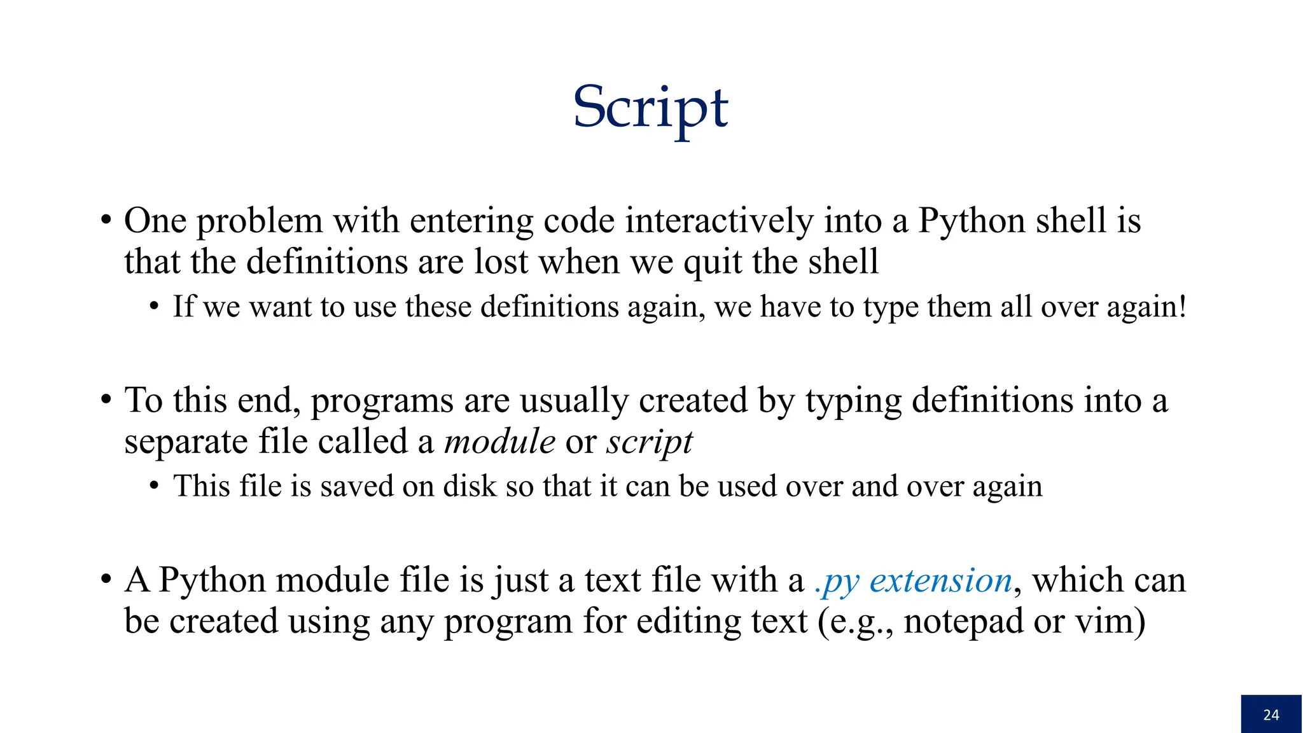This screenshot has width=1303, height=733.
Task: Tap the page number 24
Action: click(1271, 715)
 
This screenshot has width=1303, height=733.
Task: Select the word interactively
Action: click(719, 221)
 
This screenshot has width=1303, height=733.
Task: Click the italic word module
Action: click(499, 441)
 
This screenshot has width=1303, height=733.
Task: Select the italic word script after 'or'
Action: click(649, 442)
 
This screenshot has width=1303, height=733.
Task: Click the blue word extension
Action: click(941, 580)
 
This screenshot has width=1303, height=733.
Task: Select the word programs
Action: click(382, 401)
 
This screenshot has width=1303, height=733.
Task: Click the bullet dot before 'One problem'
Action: click(106, 221)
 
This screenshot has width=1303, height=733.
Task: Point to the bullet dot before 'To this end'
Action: click(106, 401)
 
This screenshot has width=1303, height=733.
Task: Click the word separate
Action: click(185, 442)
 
